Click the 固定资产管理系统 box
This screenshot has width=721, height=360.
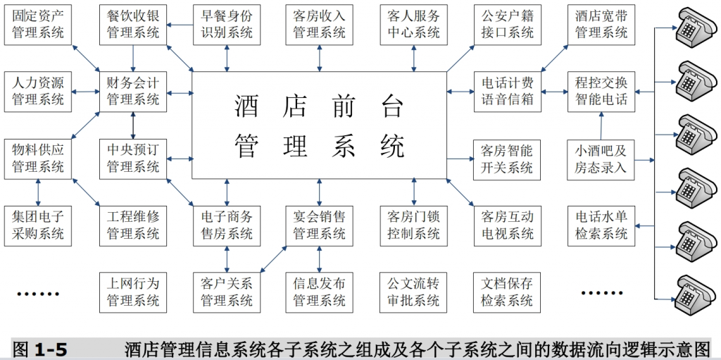tap(38, 25)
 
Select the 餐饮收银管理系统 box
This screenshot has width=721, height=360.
tap(133, 25)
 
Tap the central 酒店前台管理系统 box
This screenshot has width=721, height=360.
tap(319, 125)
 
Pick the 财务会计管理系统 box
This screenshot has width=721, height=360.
tap(133, 92)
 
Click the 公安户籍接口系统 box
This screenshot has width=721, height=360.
tap(508, 25)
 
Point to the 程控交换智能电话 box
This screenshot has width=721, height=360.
tap(601, 92)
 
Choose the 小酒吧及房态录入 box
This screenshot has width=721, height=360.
tap(601, 159)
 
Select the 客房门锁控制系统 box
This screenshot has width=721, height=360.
tap(414, 225)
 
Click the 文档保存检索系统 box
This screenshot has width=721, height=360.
tap(508, 292)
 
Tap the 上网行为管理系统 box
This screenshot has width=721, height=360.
tap(133, 292)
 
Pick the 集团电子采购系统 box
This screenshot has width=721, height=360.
tap(38, 225)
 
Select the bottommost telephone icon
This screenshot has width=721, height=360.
tap(696, 294)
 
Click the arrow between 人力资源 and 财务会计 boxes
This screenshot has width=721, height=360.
tap(86, 92)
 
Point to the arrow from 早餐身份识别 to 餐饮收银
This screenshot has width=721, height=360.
tap(180, 25)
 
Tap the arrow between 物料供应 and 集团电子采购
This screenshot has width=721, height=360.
tap(38, 192)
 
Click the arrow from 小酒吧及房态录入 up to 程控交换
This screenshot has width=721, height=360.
tap(601, 125)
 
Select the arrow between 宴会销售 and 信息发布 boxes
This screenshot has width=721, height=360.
tap(319, 259)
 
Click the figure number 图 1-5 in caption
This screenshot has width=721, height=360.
tap(40, 349)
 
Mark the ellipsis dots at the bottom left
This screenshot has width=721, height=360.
tap(38, 294)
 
